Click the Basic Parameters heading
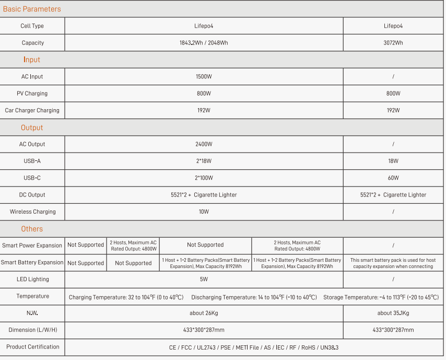tap(32, 9)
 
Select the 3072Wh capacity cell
tap(393, 43)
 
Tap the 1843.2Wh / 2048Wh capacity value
tap(204, 43)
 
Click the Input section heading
tap(32, 60)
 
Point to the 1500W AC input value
tap(204, 77)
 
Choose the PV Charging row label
tap(32, 94)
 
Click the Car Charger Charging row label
tap(32, 110)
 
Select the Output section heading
tap(32, 127)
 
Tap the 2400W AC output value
tap(204, 144)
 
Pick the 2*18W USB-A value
tap(204, 161)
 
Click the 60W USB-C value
tap(393, 178)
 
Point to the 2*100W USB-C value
tap(204, 178)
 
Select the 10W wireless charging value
tap(204, 212)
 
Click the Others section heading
tap(32, 229)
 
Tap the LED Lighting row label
tap(32, 280)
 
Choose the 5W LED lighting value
tap(204, 280)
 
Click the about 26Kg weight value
tap(204, 313)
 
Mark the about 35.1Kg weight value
tap(393, 313)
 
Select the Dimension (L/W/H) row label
tap(32, 330)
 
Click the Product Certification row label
tap(32, 347)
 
